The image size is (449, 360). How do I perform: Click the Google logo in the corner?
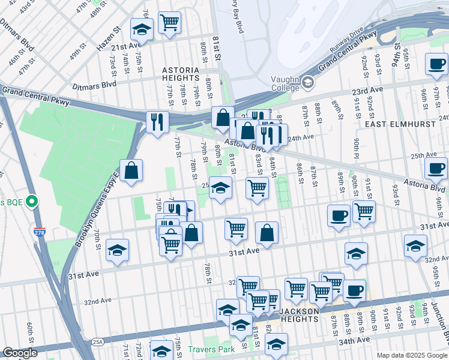pyautogui.click(x=20, y=353)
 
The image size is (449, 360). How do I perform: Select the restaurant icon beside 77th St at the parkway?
pyautogui.click(x=157, y=122)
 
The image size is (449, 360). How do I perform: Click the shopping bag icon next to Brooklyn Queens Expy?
pyautogui.click(x=131, y=170)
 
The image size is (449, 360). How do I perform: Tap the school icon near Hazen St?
pyautogui.click(x=142, y=28)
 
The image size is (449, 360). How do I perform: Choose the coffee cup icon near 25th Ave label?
pyautogui.click(x=436, y=168)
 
